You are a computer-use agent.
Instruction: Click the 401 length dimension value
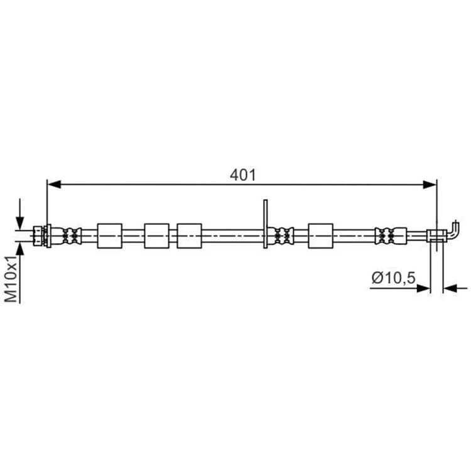(242, 175)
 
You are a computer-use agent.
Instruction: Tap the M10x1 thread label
(12, 279)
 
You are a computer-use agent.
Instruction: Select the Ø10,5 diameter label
(394, 278)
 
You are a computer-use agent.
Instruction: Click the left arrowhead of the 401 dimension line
(54, 185)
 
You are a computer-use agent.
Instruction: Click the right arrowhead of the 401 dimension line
(430, 185)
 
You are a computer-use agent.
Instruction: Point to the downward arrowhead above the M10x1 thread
(20, 223)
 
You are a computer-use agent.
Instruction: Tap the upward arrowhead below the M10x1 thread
(20, 248)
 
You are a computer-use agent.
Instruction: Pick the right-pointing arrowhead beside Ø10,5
(423, 288)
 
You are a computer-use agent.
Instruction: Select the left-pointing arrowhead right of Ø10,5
(450, 288)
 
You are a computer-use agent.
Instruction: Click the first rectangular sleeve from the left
(110, 235)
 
